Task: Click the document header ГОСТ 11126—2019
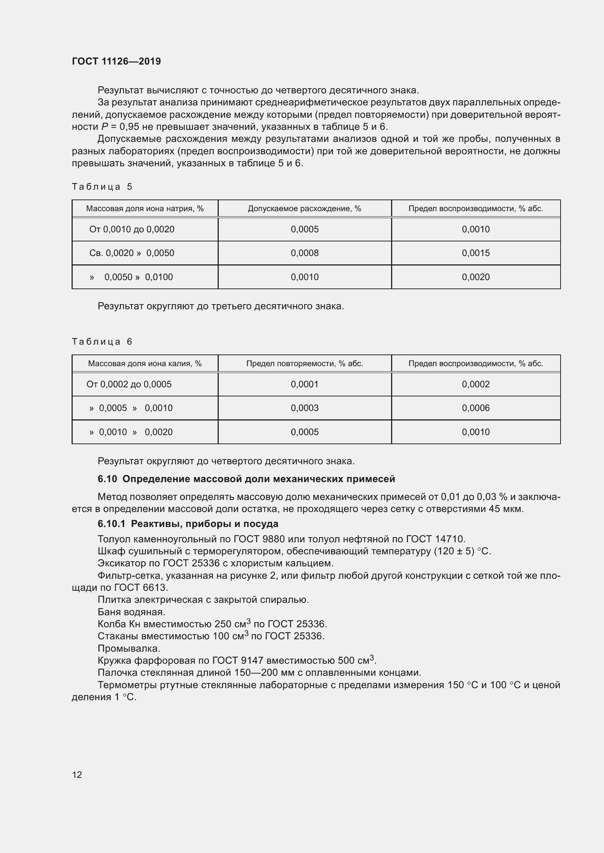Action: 116,61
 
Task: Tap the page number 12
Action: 77,775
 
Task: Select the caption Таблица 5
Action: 102,186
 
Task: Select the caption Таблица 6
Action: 102,341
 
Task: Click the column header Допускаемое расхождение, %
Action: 304,209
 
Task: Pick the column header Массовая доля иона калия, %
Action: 145,363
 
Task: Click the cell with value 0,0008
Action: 304,253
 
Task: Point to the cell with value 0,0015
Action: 475,253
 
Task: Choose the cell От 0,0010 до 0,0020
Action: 132,229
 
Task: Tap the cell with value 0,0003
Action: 304,408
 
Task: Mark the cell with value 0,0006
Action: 475,408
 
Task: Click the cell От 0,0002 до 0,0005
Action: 129,384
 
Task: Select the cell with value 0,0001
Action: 304,384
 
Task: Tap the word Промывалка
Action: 129,648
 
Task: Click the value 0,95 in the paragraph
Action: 129,127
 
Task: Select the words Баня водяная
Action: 131,612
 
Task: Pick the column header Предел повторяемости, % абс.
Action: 304,363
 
